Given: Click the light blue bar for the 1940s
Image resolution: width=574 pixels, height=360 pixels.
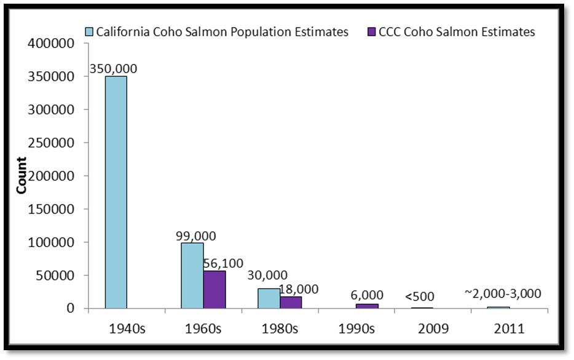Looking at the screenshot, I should coord(116,192).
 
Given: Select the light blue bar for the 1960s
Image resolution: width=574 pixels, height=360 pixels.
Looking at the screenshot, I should coord(192,275).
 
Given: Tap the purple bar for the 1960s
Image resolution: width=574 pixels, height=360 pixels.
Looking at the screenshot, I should coord(214,289).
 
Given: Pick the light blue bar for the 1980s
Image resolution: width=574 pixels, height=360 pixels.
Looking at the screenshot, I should coord(269,298).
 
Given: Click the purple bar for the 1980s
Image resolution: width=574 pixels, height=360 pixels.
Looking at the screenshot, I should coord(291,302).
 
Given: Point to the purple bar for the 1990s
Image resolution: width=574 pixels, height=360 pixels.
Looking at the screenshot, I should coord(367,306).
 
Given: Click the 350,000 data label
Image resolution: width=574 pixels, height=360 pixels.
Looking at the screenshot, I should coord(113,69).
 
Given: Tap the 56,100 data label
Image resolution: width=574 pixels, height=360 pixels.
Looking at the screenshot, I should coord(222,264).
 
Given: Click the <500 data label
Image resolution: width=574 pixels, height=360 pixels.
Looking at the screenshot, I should coord(419,297).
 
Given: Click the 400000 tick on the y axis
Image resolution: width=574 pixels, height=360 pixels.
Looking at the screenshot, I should coord(51,44).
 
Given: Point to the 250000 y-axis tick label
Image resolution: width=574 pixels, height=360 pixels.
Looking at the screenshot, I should coord(51,143).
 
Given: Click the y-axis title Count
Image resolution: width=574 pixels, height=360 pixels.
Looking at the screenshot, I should coord(22,176).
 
